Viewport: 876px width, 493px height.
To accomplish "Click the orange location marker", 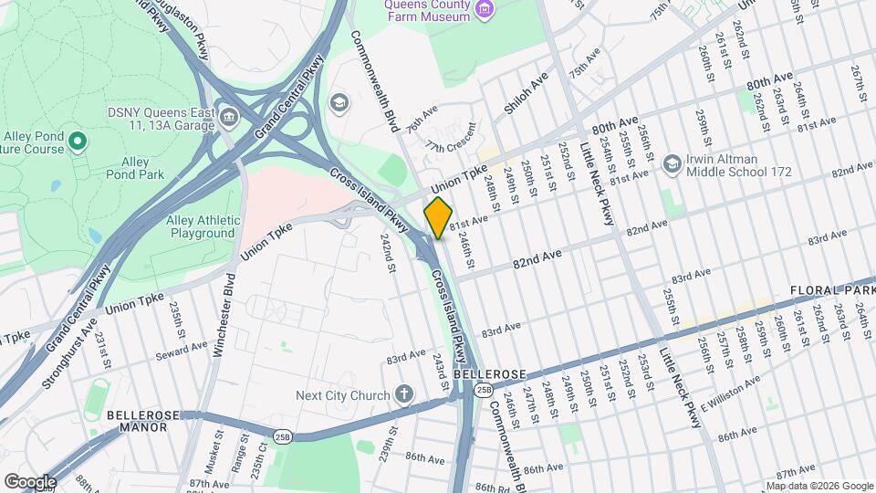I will point(438,217).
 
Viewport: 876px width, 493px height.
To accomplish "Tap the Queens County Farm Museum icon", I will point(485,9).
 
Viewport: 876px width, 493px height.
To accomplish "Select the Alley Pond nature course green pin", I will point(78,141).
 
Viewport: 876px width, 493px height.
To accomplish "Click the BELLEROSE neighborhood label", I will point(489,374).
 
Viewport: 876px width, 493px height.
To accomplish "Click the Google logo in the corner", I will point(30,481).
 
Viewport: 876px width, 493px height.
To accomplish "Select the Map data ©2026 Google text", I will point(818,486).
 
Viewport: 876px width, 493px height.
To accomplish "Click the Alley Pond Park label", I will point(135,168).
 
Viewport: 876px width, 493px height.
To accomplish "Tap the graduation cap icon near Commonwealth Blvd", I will point(339,101).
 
